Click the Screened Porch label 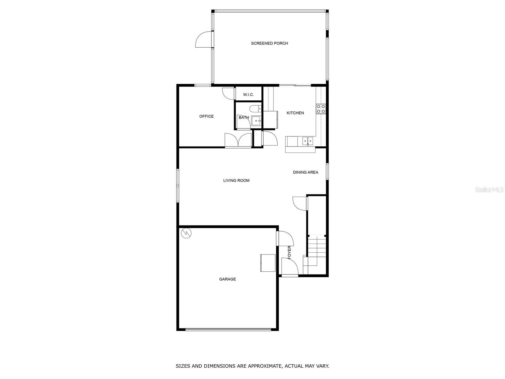[270, 43]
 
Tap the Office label [206, 116]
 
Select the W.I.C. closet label [248, 94]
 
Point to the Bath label [244, 117]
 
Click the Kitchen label [295, 113]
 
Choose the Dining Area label [306, 172]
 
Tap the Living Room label [236, 180]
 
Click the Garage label [228, 279]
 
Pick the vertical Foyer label [289, 253]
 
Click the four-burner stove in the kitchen [321, 109]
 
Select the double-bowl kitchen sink [307, 141]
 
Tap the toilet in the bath [254, 109]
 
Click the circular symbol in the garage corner [187, 233]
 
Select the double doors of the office [238, 141]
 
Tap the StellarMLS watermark [489, 190]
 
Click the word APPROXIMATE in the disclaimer [264, 366]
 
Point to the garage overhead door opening [228, 329]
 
